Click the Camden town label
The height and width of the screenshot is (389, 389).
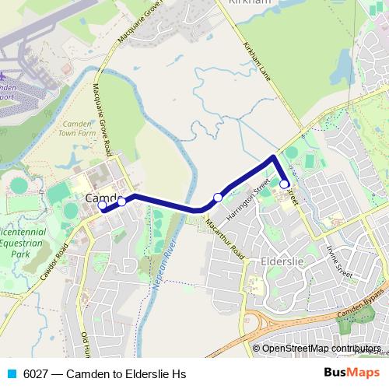[100, 198]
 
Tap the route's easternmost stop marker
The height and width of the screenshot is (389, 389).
[286, 184]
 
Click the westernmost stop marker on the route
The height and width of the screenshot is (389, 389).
[103, 206]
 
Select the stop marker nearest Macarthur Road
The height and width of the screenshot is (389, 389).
[218, 198]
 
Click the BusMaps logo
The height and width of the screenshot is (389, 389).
[352, 373]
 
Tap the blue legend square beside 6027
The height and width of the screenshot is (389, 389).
[10, 374]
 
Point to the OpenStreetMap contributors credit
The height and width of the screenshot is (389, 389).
[321, 349]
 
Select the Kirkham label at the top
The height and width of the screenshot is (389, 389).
[248, 3]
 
